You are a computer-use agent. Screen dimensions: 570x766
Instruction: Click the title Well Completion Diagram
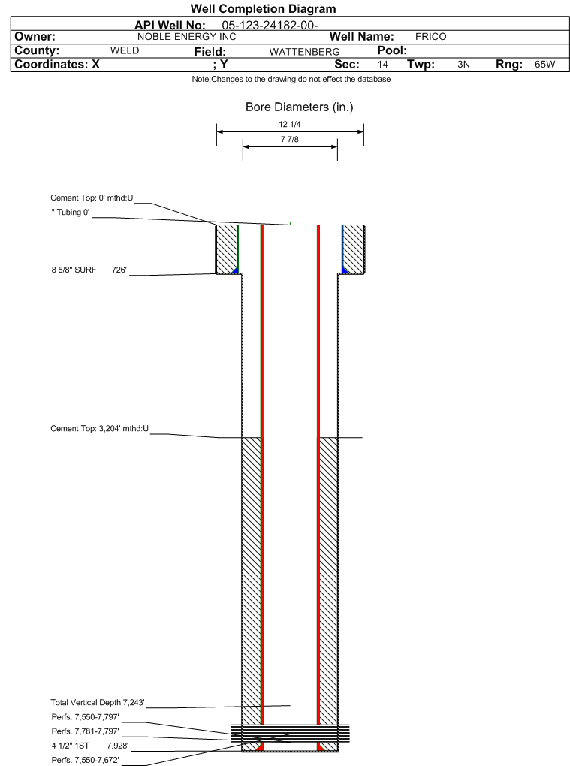264,9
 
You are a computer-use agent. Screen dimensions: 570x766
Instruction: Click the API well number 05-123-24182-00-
270,26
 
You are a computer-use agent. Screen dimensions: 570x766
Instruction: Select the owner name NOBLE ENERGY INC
186,37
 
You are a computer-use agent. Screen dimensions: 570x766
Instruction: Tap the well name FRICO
431,37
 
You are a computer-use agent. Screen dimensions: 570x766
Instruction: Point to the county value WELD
125,50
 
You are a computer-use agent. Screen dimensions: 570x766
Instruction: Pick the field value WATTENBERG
304,52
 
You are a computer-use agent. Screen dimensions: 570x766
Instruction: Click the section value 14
382,65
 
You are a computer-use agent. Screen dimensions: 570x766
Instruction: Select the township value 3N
463,65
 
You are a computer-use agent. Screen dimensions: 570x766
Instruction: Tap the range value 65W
544,65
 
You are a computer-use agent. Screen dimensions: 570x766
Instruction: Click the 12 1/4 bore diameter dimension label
290,124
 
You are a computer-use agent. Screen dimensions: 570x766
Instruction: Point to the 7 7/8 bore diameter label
290,139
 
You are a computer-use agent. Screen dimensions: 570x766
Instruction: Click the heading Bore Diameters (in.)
300,107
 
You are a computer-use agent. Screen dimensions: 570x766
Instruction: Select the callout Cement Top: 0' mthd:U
92,198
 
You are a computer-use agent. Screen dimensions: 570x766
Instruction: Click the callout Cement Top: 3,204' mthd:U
100,428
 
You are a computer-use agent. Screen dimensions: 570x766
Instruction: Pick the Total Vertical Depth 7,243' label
98,702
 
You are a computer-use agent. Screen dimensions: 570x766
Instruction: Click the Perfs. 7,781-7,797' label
86,731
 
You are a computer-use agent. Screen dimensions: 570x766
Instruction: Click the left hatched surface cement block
227,249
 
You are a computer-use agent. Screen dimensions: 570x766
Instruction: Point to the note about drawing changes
291,79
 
